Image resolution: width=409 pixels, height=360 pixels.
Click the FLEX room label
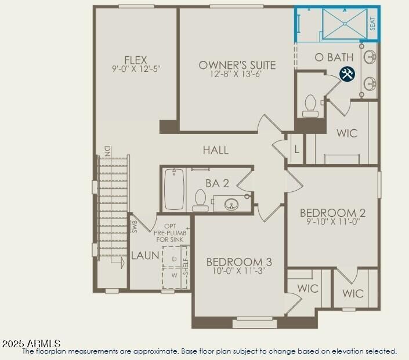135,60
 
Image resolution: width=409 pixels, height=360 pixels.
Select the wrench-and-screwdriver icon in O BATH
347,74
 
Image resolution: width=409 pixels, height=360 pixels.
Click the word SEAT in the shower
372,24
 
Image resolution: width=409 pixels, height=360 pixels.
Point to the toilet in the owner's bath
310,106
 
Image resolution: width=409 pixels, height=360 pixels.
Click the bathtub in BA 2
174,189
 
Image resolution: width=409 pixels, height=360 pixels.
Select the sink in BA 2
231,203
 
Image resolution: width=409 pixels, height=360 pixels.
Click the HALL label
215,150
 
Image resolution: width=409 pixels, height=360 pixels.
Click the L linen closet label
296,150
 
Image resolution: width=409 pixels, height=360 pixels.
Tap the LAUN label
145,255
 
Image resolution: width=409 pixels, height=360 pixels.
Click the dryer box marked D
173,258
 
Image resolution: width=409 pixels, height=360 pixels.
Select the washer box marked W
173,277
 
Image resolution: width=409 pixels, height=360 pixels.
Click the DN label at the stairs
107,151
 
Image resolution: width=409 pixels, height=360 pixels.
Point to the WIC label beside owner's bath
347,133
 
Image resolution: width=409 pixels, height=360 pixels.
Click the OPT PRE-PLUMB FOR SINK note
169,232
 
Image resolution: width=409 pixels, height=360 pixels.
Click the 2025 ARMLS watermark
31,344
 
